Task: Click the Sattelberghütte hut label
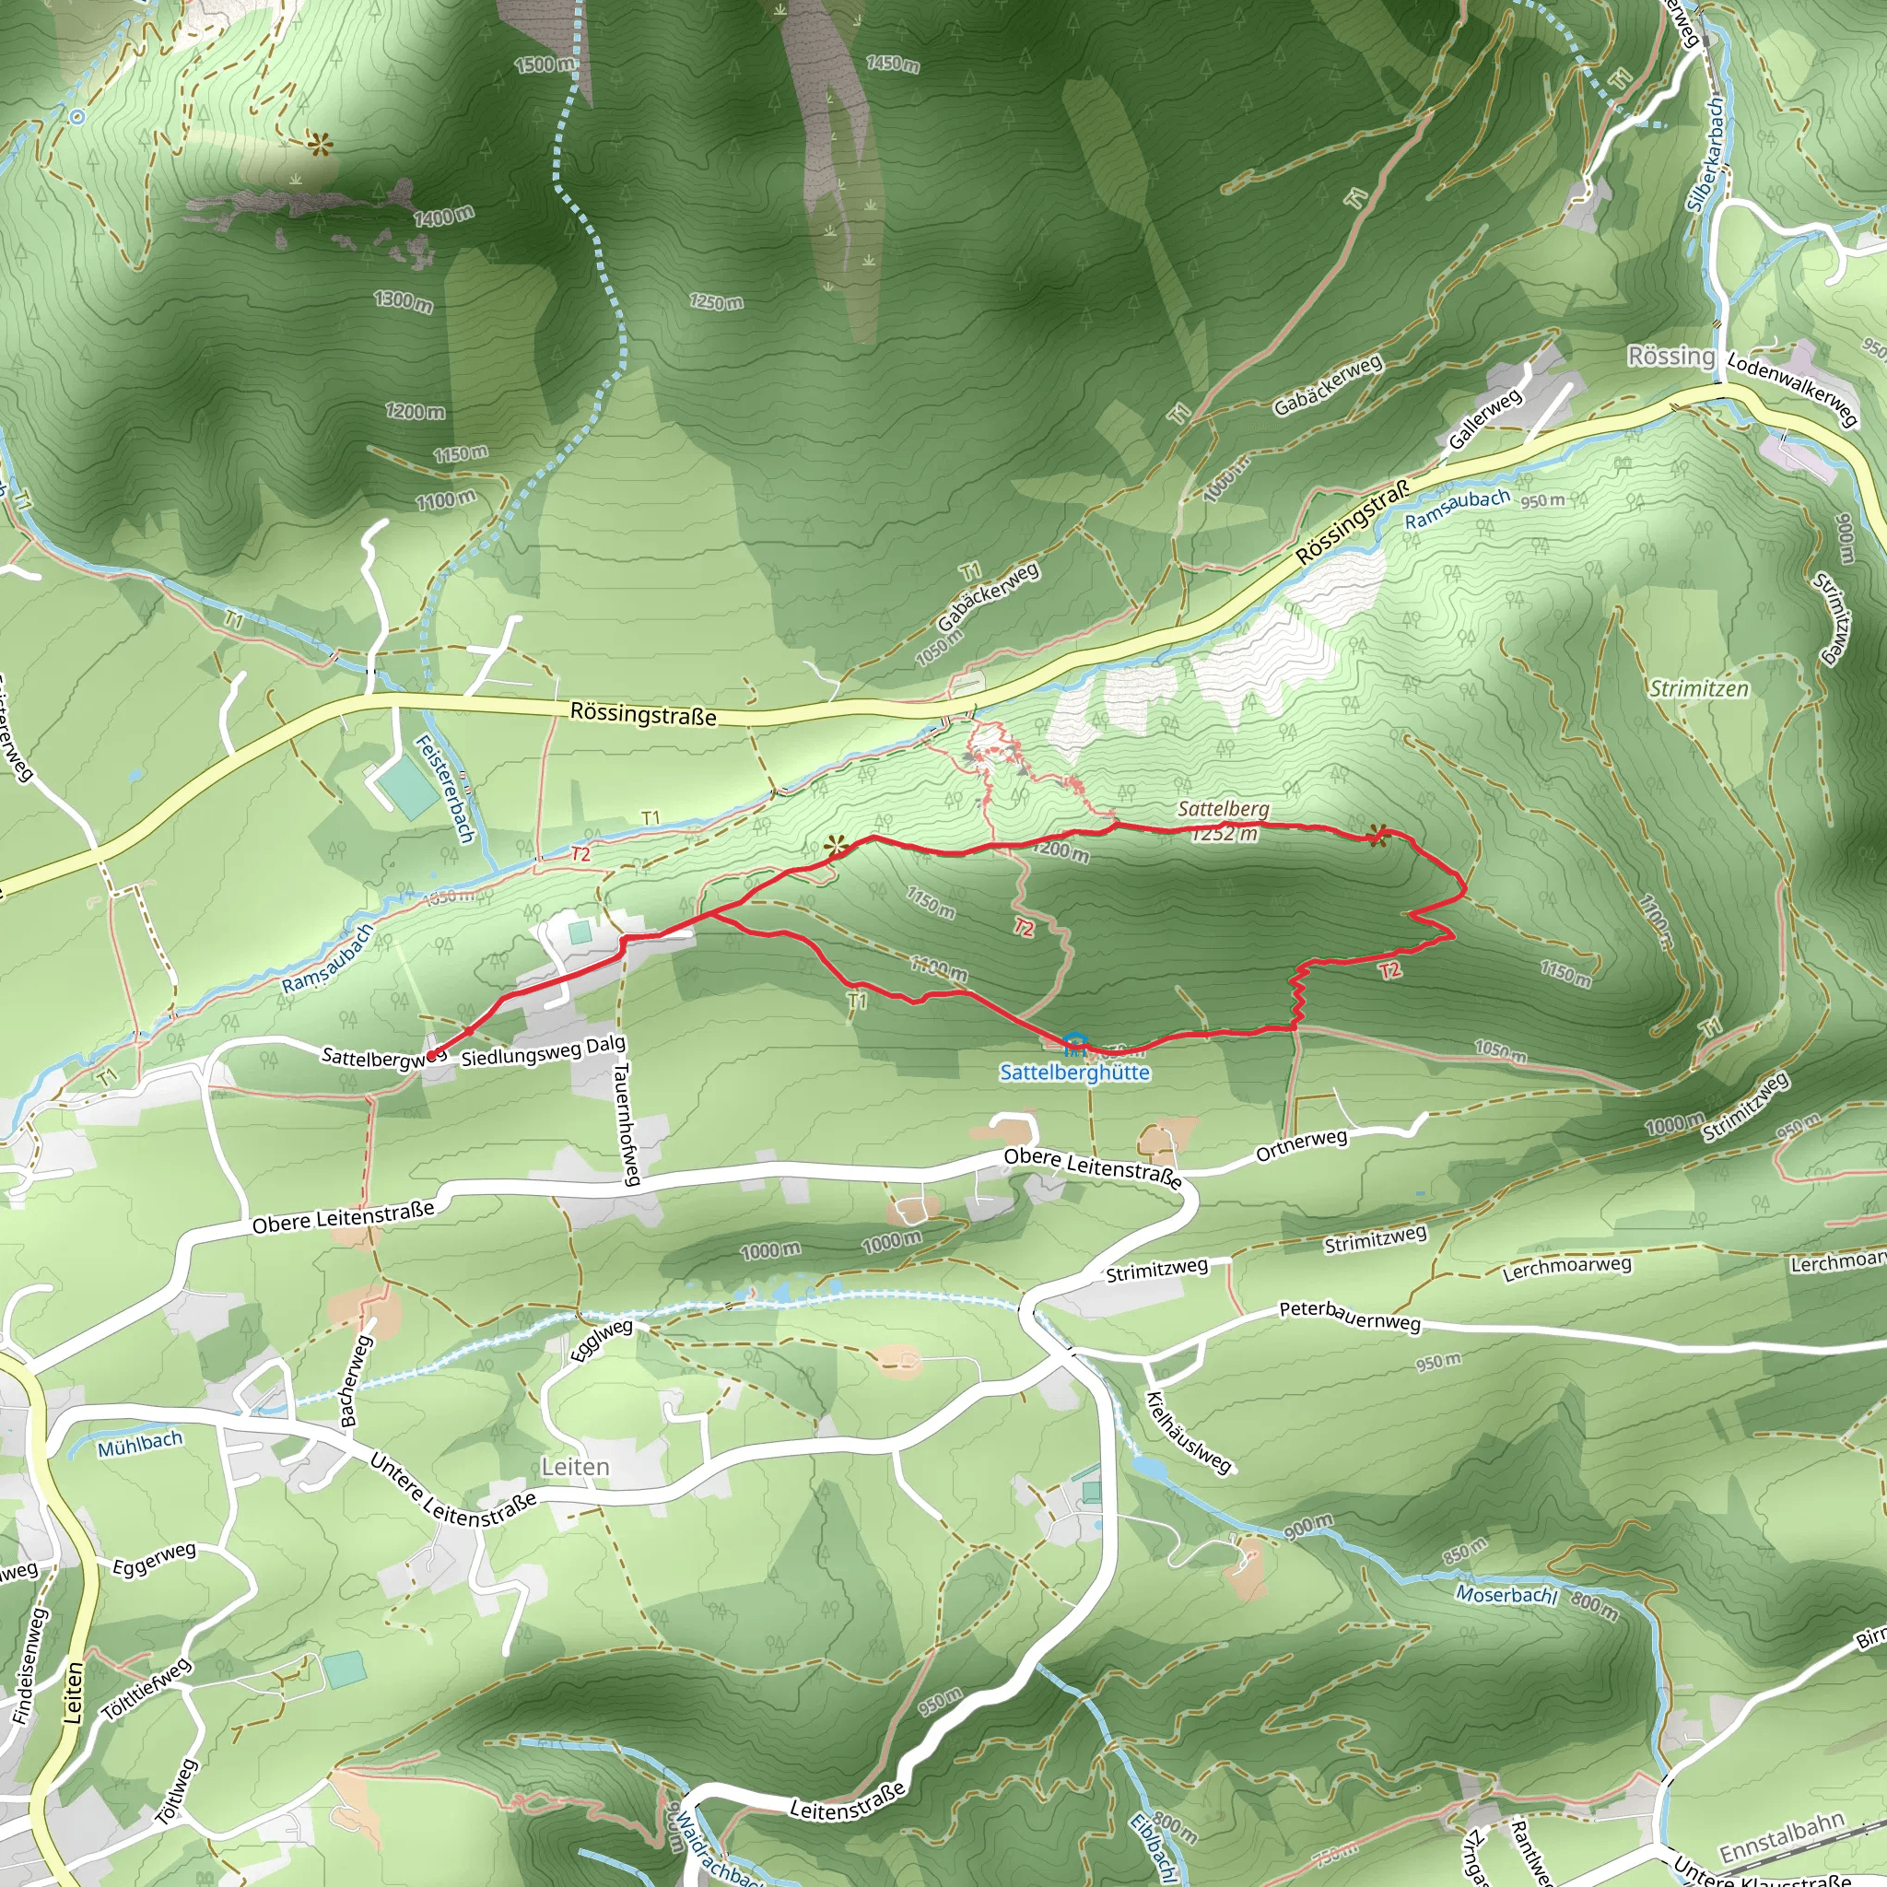1074,1072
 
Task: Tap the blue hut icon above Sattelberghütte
1073,1041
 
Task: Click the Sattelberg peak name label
1223,809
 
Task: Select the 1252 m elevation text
1224,833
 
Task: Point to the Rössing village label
1670,356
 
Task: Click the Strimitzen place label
1698,688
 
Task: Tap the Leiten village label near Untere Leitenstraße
575,1467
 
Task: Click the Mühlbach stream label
140,1444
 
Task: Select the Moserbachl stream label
1506,1594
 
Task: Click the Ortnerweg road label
1301,1144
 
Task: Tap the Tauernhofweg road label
625,1123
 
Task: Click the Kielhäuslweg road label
1189,1432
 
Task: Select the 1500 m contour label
545,64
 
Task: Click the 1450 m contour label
892,64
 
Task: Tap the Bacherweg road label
356,1381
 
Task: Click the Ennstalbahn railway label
1782,1837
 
